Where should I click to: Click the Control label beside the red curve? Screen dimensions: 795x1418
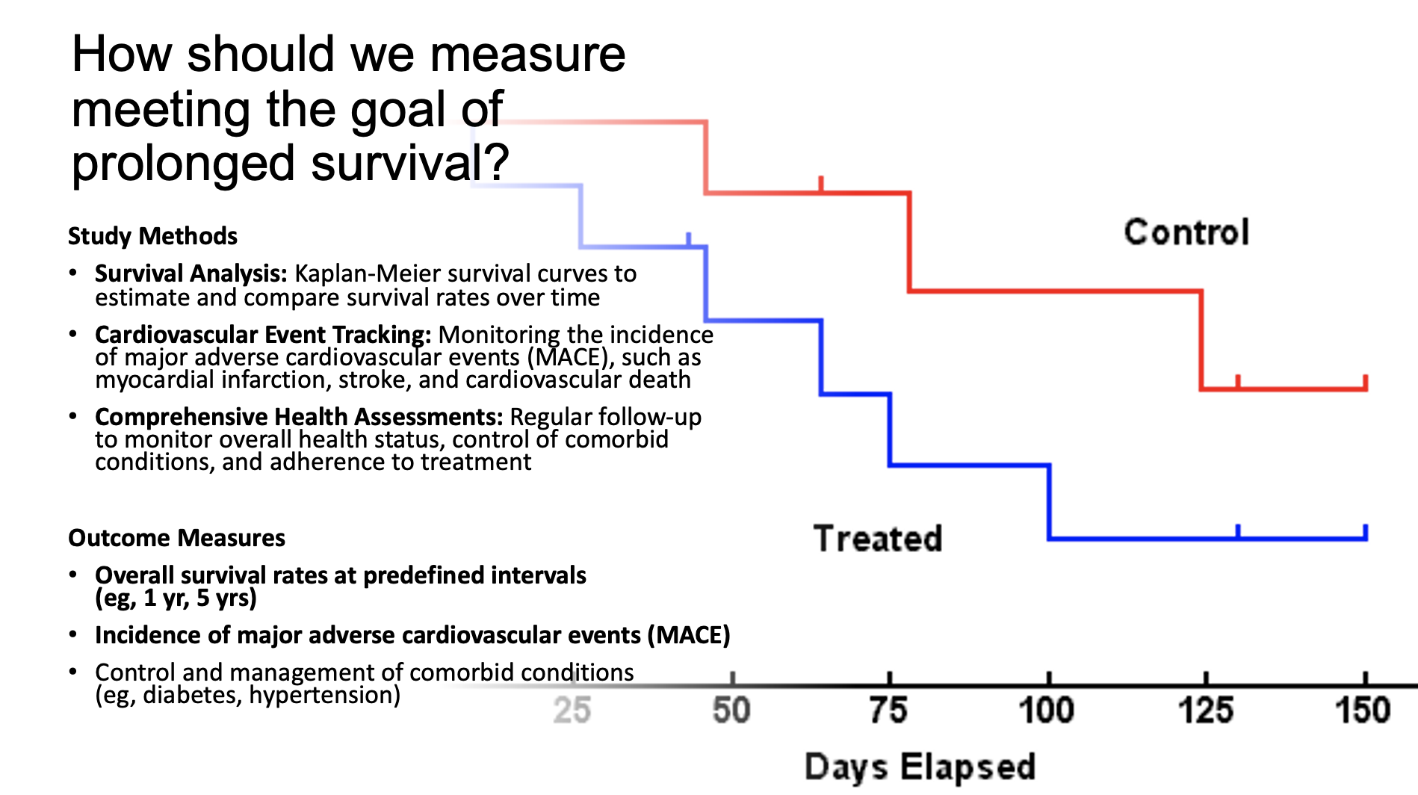1186,232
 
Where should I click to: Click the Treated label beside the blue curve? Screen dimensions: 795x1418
878,539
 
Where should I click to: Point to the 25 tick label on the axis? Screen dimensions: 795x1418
572,711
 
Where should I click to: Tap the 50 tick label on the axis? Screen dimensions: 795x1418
731,711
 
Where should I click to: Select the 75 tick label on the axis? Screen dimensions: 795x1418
889,711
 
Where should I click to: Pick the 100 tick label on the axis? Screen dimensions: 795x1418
1047,711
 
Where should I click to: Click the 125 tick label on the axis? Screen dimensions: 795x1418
1206,711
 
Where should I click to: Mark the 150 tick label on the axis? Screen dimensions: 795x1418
1363,711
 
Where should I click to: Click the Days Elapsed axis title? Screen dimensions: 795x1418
920,767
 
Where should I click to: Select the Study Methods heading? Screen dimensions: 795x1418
152,236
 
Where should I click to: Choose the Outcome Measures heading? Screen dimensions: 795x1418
176,538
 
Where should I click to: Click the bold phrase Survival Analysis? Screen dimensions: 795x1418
191,273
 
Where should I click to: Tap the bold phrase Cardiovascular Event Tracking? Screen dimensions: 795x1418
263,334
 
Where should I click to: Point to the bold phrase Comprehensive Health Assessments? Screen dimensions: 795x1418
299,416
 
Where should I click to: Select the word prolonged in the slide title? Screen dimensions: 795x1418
184,164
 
